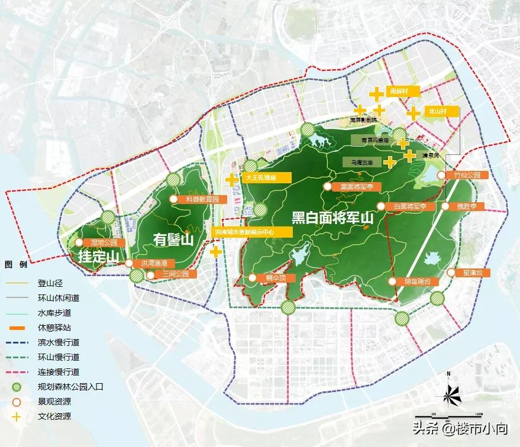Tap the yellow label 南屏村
point(403,91)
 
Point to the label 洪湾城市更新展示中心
point(245,233)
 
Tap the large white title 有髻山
point(173,239)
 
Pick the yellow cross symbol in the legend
point(17,416)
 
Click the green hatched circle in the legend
point(17,387)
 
